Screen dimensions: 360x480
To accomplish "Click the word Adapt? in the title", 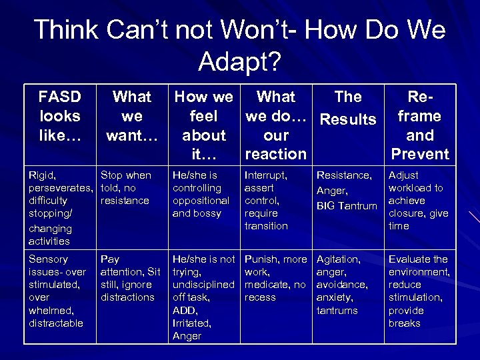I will click(240, 62).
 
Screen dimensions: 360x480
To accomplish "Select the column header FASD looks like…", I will click(60, 116).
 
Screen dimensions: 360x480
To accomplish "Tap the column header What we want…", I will click(132, 116).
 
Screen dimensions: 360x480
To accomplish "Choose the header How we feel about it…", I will click(203, 125).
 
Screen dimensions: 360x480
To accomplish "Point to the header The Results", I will click(348, 108).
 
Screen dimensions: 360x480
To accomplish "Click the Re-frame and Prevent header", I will click(419, 125).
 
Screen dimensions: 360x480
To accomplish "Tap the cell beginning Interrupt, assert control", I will click(275, 200).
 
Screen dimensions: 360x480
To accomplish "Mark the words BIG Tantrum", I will click(346, 206).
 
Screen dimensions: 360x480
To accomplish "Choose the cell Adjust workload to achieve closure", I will click(418, 200).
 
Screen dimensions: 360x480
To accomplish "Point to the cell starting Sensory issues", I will click(58, 291).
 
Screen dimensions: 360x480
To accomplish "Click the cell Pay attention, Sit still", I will click(131, 278).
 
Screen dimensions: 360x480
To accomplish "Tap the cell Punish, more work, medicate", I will click(275, 278).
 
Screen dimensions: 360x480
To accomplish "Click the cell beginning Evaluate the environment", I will click(419, 291).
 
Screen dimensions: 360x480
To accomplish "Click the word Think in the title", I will click(64, 30).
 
